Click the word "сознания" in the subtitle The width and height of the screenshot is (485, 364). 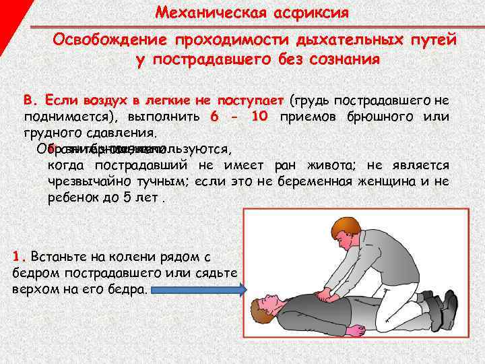point(342,59)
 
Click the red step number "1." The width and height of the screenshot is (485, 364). point(19,257)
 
